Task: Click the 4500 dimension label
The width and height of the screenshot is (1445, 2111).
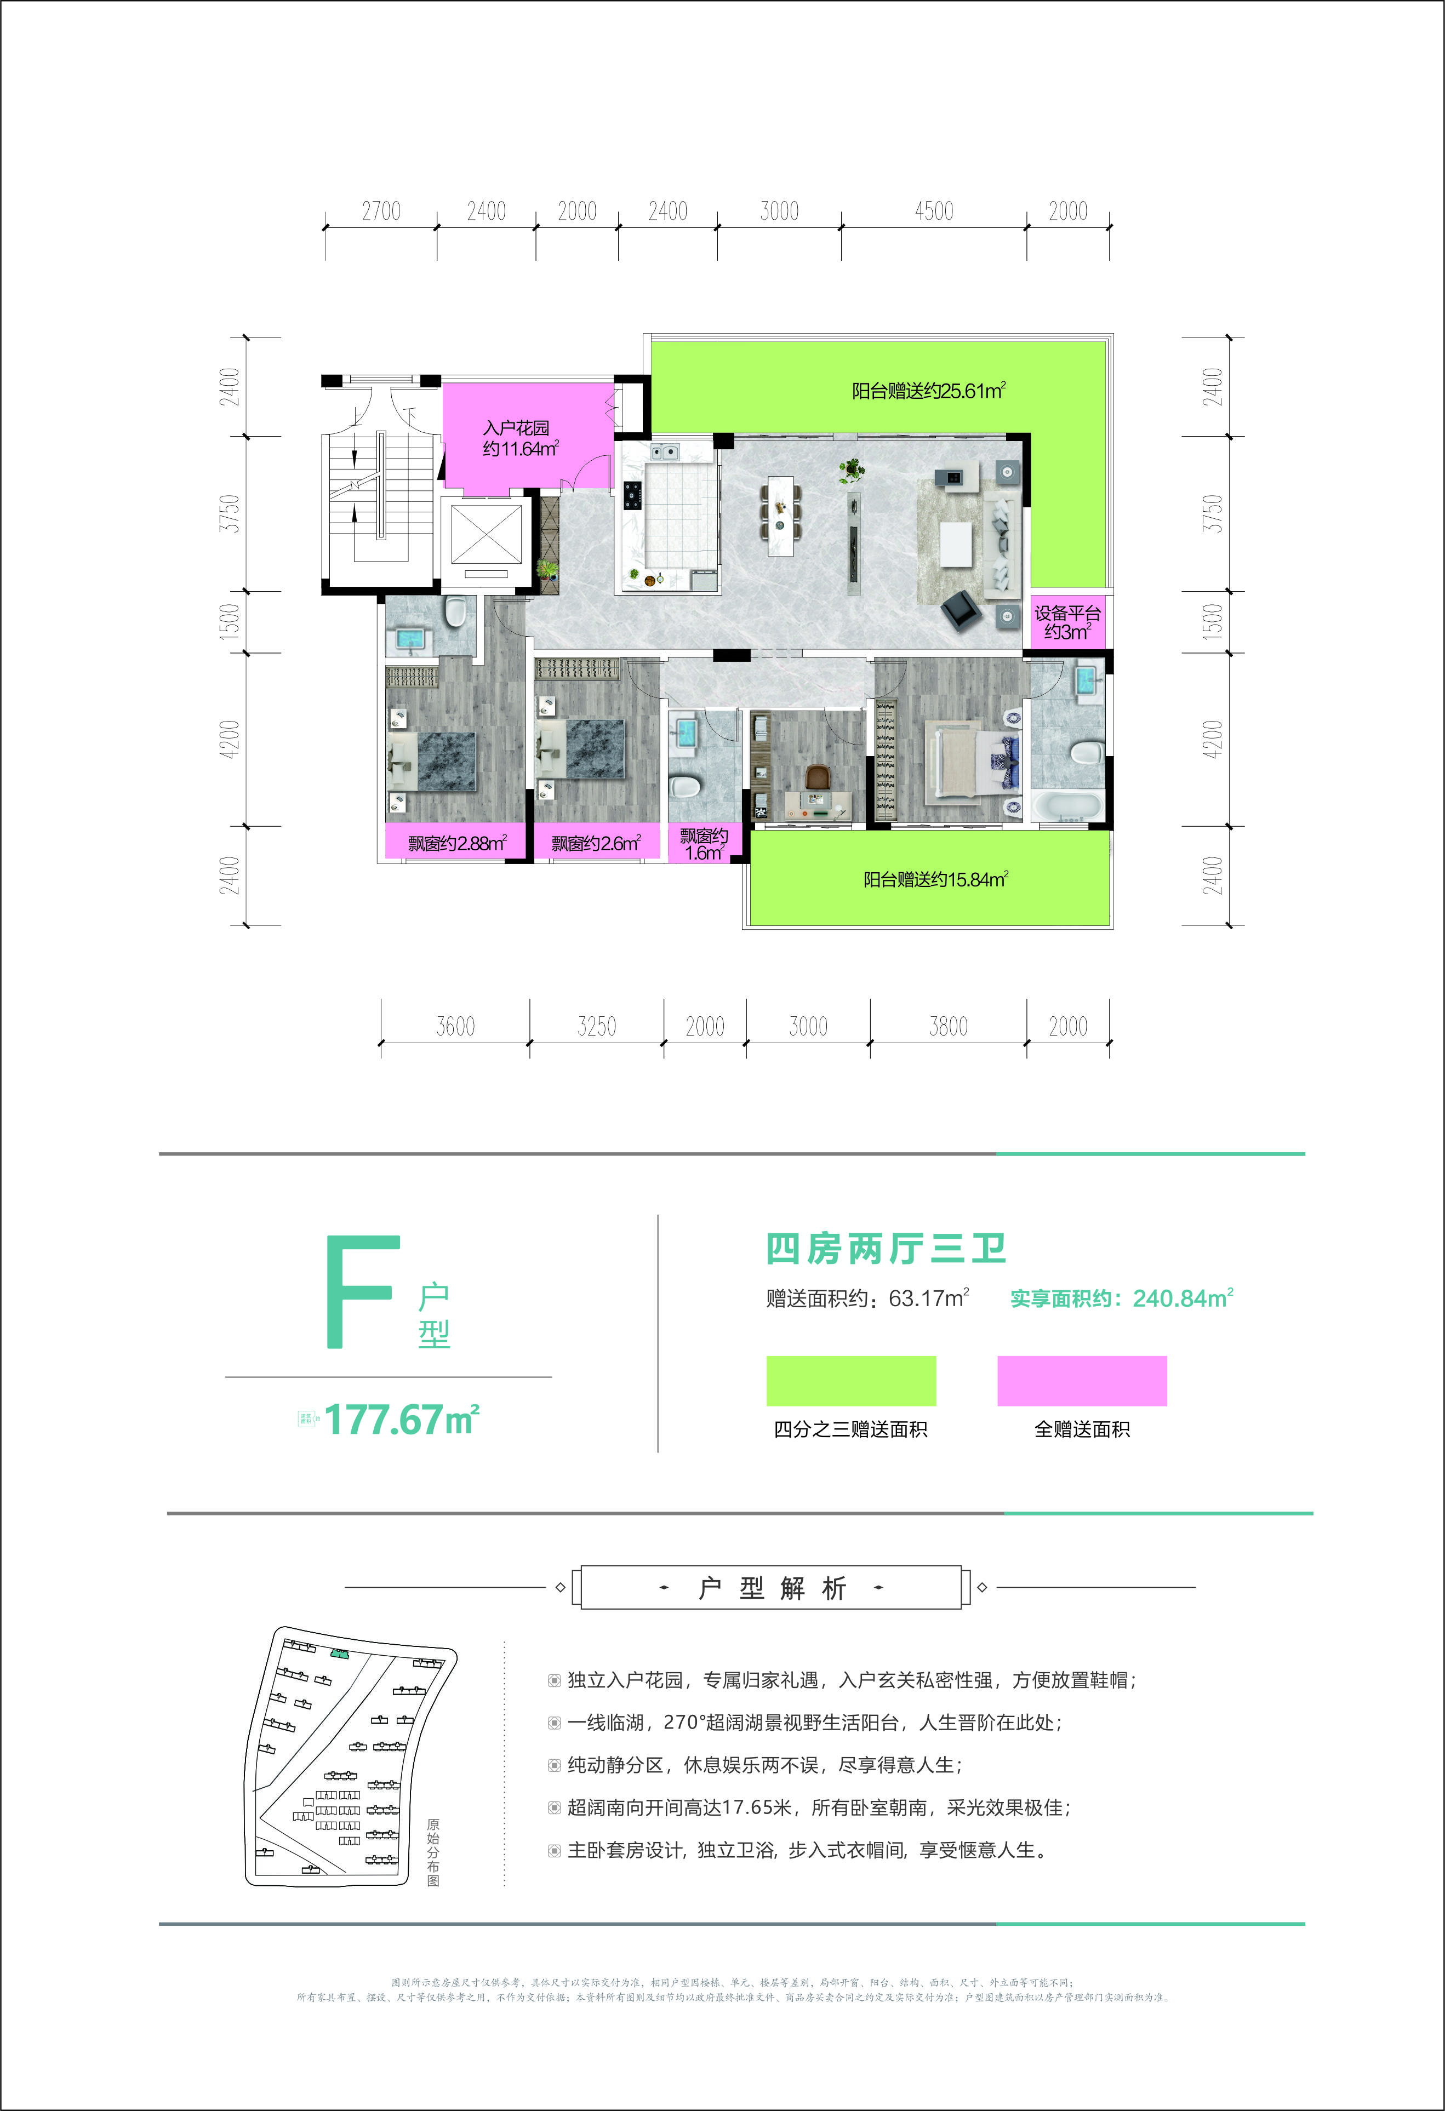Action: click(934, 211)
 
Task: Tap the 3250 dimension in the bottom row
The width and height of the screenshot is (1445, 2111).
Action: click(597, 1026)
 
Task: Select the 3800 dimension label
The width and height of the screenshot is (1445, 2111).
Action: click(948, 1026)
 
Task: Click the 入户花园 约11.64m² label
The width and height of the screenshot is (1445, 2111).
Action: click(519, 438)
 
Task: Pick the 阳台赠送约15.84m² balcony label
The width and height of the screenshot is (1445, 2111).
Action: click(935, 879)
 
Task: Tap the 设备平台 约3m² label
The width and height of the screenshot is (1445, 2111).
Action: click(1067, 623)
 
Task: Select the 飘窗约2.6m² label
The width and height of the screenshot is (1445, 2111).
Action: click(596, 843)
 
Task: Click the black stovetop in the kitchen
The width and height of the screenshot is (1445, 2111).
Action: click(632, 495)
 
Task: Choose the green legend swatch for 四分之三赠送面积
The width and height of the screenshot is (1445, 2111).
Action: click(851, 1381)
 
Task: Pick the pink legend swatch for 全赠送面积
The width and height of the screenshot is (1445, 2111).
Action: click(1082, 1381)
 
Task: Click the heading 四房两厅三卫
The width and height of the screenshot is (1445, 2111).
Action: click(886, 1249)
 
